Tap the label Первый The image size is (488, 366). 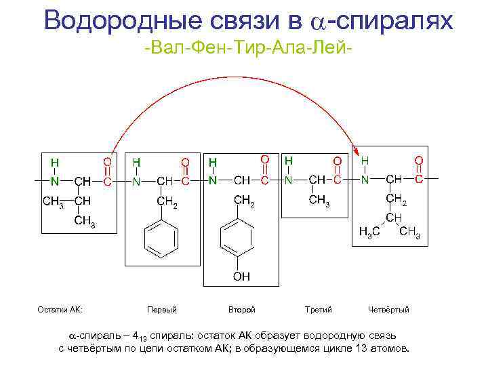(162, 310)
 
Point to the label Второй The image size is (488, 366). (242, 310)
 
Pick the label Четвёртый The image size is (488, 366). (388, 310)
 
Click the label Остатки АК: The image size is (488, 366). (60, 310)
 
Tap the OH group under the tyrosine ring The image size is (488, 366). (242, 276)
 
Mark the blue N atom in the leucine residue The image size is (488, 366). (365, 180)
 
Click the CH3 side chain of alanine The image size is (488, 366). (318, 201)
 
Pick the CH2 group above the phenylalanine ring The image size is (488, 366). (167, 202)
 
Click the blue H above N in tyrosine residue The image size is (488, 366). (213, 163)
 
